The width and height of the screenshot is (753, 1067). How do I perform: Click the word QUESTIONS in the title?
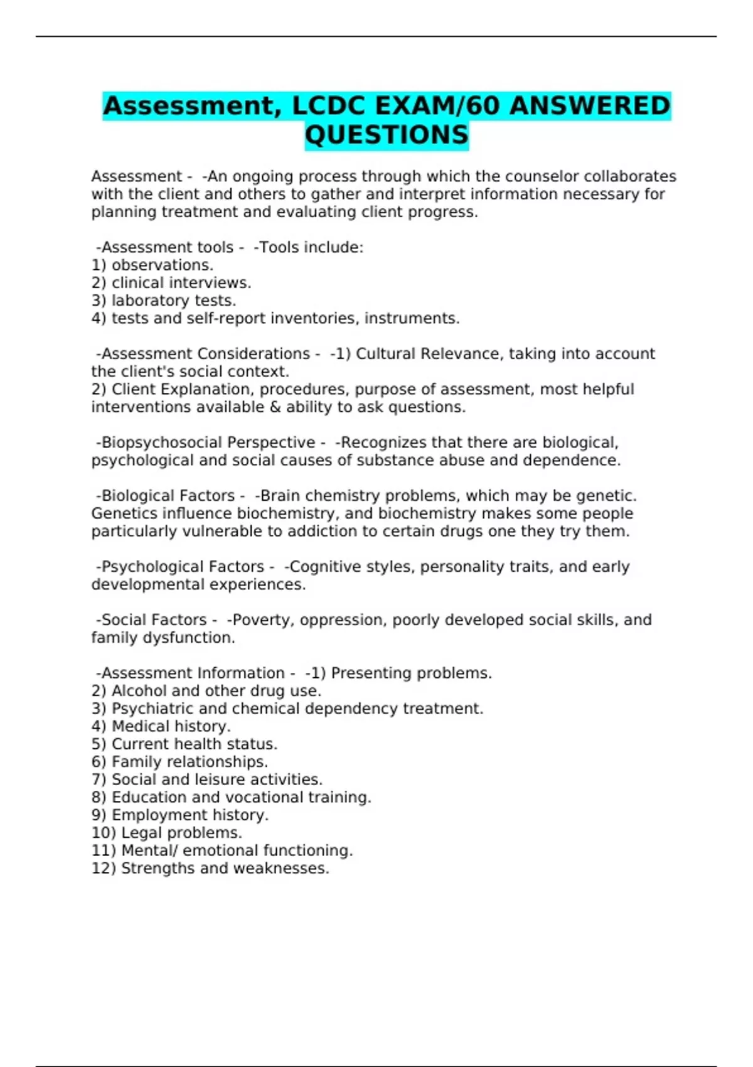coord(387,135)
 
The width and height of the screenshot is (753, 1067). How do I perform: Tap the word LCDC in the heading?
coord(328,105)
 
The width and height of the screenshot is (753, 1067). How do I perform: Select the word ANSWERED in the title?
coord(589,105)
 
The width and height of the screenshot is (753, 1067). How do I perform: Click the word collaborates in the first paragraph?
coord(630,176)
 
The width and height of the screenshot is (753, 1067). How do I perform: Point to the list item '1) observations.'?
coord(152,265)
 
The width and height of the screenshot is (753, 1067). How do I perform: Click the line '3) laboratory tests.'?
coord(164,301)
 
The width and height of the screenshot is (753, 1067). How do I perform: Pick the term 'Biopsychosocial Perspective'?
coord(208,442)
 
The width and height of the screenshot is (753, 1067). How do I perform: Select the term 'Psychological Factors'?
coord(183,567)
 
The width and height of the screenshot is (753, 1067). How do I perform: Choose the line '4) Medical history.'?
coord(161,726)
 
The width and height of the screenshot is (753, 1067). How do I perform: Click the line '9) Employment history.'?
coord(180,815)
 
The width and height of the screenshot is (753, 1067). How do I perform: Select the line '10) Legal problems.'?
coord(167,833)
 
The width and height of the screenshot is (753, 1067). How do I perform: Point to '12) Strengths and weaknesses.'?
coord(210,868)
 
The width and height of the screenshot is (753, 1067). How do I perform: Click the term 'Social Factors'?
coord(154,620)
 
